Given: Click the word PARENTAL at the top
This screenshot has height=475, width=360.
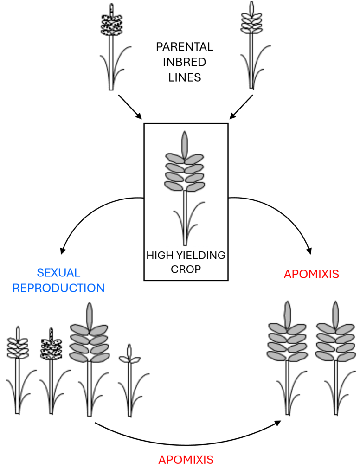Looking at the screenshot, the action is click(x=185, y=47).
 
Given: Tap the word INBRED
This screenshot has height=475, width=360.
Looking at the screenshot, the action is click(x=185, y=62).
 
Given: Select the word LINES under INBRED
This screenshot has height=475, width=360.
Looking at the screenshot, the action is click(x=185, y=77).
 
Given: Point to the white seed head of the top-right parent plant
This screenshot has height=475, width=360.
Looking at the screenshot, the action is click(x=251, y=19).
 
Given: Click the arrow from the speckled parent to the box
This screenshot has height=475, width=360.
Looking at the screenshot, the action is click(x=130, y=107).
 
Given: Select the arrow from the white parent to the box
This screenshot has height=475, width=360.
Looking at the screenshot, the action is click(x=241, y=107).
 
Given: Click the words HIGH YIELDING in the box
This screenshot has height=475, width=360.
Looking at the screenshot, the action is click(x=186, y=256).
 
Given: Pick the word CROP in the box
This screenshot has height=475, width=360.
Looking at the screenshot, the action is click(x=186, y=270).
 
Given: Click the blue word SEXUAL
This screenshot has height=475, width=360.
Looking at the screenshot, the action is click(x=58, y=273).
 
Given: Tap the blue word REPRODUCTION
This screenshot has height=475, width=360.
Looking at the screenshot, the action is click(x=58, y=288).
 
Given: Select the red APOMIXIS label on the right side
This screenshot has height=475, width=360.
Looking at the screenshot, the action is click(x=311, y=274).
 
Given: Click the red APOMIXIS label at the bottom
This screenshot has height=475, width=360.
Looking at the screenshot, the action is click(x=186, y=460).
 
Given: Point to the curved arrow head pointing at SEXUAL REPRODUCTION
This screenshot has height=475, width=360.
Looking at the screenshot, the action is click(x=63, y=251).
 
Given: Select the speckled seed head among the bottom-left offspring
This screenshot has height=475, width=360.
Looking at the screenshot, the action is click(x=51, y=345).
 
